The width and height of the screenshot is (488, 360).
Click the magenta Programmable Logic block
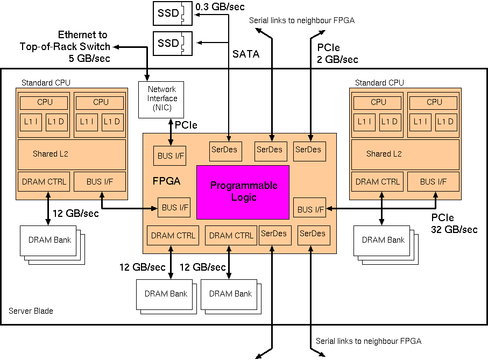[x=243, y=192]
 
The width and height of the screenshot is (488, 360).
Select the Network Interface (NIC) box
[x=162, y=98]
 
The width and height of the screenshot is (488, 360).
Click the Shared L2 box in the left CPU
[x=72, y=154]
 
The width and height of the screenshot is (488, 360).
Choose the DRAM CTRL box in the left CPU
[x=44, y=182]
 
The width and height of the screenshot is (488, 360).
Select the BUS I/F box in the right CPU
[x=434, y=182]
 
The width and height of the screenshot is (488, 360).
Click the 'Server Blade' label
[x=31, y=311]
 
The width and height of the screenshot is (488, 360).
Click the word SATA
[x=246, y=54]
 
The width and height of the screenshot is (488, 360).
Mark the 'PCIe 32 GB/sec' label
[x=454, y=223]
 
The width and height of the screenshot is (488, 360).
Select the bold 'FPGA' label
[x=167, y=181]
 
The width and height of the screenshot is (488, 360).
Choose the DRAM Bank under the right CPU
[x=383, y=240]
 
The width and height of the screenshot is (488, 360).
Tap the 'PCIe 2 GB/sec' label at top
[x=337, y=53]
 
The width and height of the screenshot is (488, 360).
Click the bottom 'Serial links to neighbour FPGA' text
[x=369, y=341]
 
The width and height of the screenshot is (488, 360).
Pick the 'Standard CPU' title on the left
[x=46, y=82]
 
